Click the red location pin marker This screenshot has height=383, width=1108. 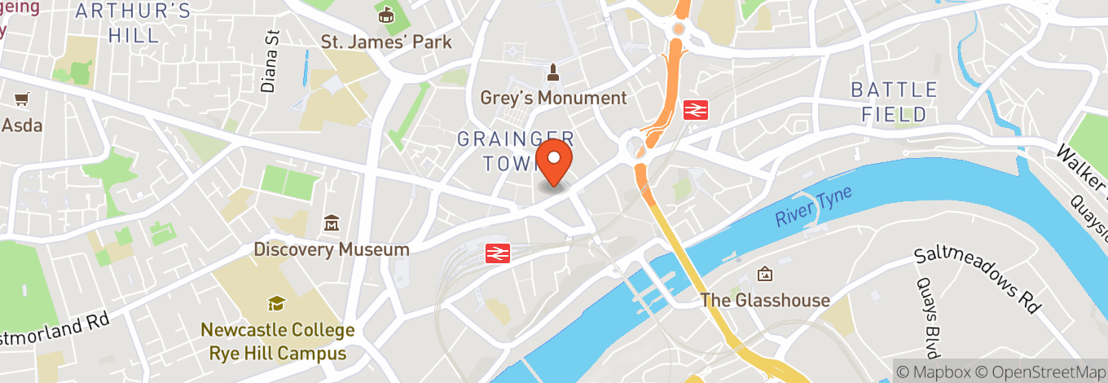[x=555, y=161]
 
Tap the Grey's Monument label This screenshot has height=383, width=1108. [x=553, y=98]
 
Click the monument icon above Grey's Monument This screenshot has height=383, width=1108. [x=553, y=73]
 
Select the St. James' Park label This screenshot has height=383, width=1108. [x=385, y=42]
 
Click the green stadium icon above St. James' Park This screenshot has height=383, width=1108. [x=385, y=15]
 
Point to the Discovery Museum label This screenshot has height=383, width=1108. [x=332, y=249]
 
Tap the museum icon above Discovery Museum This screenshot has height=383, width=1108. [x=332, y=222]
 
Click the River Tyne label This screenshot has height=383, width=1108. [x=813, y=207]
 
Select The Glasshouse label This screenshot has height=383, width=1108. [x=765, y=300]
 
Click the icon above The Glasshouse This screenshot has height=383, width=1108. [x=765, y=275]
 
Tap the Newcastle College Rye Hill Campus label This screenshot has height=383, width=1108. [x=278, y=341]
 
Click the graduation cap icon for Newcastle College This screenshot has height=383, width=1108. [x=277, y=304]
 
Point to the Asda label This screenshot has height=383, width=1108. [x=22, y=125]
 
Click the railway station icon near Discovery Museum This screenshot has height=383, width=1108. [x=498, y=253]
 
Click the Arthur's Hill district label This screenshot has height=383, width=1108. [x=133, y=24]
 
